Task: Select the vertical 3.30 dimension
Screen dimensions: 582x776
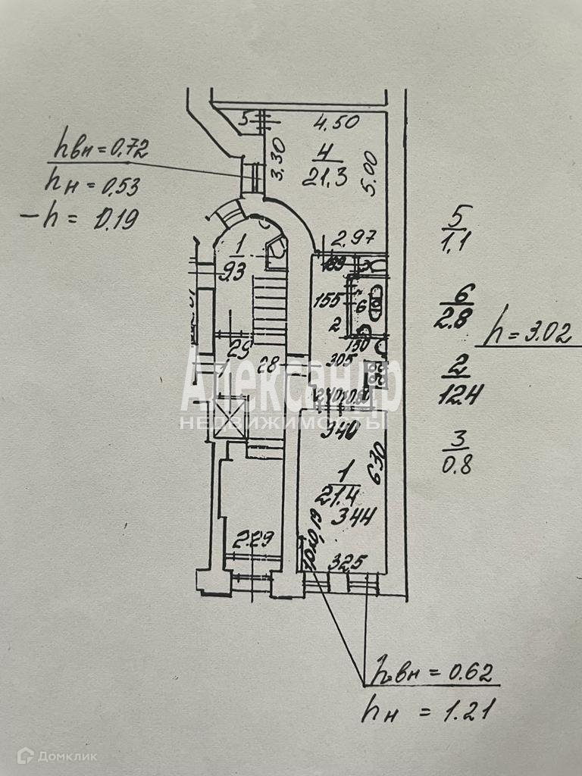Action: [277, 160]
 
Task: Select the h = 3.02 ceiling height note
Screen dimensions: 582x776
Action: [530, 333]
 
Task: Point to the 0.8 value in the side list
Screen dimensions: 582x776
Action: [457, 464]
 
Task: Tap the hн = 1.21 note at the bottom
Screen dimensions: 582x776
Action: [428, 711]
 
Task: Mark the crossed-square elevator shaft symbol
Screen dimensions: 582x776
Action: [230, 418]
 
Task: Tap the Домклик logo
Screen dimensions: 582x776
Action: [58, 755]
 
